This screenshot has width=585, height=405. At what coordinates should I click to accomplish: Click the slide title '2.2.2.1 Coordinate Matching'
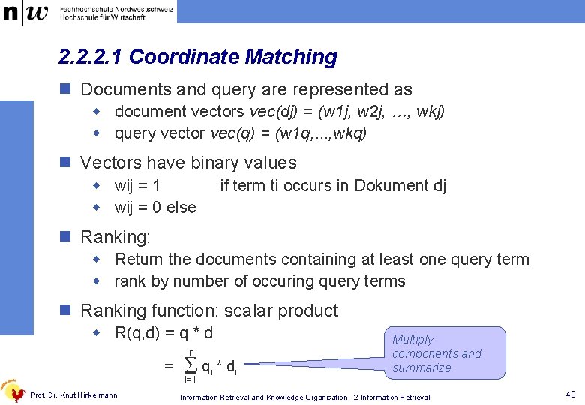point(198,57)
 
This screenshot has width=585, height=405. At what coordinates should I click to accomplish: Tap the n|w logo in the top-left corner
point(25,12)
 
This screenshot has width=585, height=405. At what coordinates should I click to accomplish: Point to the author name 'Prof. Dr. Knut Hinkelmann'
point(73,395)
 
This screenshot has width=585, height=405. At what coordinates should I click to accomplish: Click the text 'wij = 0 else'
point(155,208)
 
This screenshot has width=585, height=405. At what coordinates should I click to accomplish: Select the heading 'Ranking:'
point(115,238)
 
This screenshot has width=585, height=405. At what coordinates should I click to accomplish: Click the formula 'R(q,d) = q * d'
point(164,333)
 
